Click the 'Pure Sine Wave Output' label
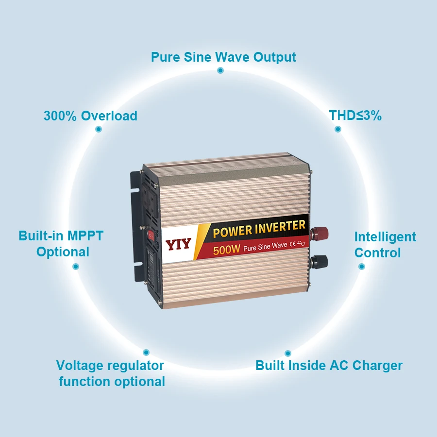pos(223,57)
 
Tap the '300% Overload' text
pos(90,116)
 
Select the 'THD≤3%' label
pos(355,116)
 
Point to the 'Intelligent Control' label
pos(385,245)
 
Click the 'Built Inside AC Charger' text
pos(329,366)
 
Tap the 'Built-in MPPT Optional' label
pos(62,244)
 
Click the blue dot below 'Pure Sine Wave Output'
pos(220,70)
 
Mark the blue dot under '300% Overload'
pos(99,129)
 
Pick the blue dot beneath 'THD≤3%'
pos(338,129)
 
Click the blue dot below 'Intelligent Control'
pos(361,267)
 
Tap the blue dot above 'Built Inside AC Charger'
pos(287,353)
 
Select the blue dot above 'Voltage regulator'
pos(146,353)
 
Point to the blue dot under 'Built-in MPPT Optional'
pos(76,267)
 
